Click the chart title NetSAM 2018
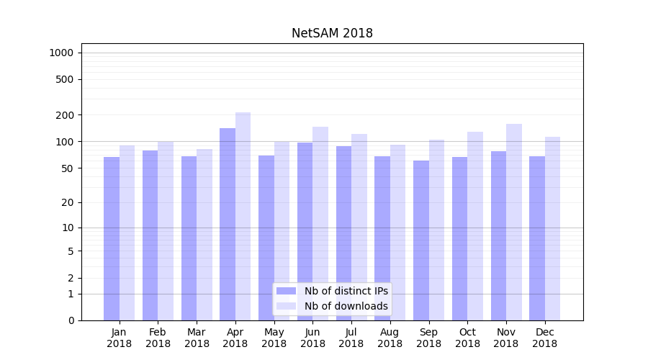click(x=332, y=33)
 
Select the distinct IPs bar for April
click(x=228, y=223)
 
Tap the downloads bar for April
click(x=243, y=216)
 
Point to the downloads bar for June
click(x=320, y=223)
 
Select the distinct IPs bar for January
click(x=112, y=238)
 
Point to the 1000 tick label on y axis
click(x=61, y=53)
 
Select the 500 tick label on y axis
click(x=65, y=79)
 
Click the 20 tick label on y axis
click(x=67, y=202)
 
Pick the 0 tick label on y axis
click(x=71, y=320)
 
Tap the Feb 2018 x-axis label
click(x=158, y=338)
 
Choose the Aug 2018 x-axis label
click(x=390, y=338)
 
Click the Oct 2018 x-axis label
click(x=467, y=338)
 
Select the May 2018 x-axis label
click(x=274, y=338)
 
